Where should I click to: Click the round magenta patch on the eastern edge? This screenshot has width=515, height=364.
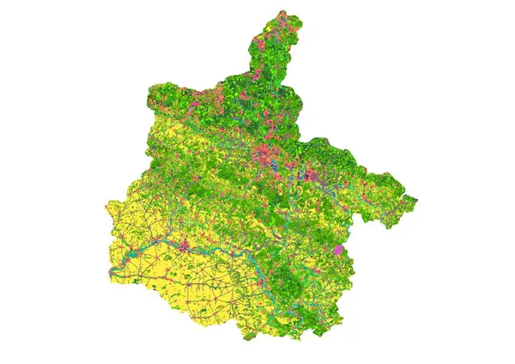click(x=338, y=249)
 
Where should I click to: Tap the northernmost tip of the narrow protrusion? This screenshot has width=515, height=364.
click(x=282, y=12)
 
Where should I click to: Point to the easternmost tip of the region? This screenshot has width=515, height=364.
click(x=417, y=201)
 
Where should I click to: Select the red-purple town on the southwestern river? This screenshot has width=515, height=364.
click(x=183, y=244)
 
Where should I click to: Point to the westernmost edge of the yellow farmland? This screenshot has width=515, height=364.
click(x=107, y=210)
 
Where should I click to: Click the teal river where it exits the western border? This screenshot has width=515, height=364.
click(x=111, y=272)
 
